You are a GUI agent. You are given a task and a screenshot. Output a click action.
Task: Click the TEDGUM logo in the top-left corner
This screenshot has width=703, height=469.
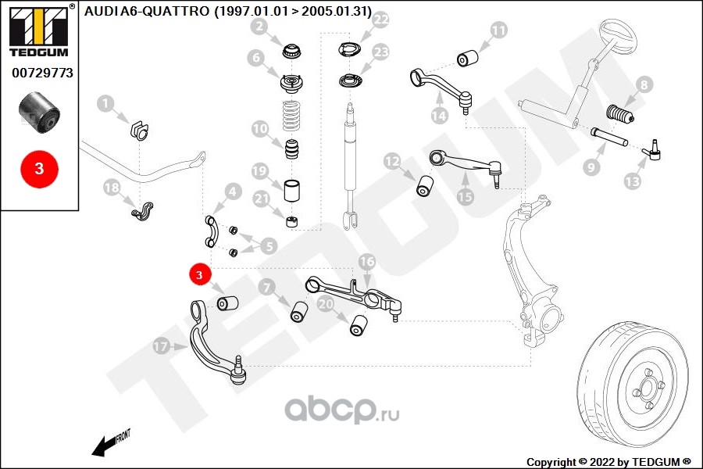tap(39, 30)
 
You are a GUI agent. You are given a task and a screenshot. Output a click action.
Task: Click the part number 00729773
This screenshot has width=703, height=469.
tap(43, 73)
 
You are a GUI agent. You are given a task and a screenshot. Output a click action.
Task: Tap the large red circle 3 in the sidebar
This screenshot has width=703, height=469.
tap(40, 169)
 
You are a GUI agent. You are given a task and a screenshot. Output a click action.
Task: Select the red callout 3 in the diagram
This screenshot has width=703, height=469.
tap(199, 274)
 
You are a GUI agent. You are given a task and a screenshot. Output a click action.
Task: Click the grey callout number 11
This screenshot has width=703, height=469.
tap(498, 30)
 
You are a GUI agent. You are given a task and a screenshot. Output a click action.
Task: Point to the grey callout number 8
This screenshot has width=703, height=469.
tap(644, 84)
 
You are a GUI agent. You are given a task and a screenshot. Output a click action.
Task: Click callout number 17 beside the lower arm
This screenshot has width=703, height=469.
tap(160, 346)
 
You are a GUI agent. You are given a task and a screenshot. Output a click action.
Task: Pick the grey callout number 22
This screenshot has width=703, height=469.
tap(380, 20)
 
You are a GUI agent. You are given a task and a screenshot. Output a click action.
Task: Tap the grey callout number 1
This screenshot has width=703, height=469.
tap(105, 104)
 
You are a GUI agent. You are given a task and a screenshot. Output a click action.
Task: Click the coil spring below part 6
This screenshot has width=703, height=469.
tap(292, 117)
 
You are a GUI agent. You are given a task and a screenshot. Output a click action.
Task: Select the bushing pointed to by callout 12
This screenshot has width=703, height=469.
tap(424, 186)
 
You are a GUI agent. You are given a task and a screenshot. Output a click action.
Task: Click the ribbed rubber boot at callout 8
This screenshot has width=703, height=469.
tap(619, 114)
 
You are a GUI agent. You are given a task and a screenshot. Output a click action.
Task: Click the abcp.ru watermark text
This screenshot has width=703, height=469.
tap(341, 410)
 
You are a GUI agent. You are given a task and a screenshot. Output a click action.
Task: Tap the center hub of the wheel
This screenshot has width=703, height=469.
tap(647, 388)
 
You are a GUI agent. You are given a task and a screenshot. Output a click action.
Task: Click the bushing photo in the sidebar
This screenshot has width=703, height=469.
tap(39, 113)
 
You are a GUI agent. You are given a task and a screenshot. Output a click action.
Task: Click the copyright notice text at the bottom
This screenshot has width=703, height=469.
tap(608, 462)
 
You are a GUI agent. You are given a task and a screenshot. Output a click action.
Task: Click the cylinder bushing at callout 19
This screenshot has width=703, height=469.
tap(292, 190)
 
